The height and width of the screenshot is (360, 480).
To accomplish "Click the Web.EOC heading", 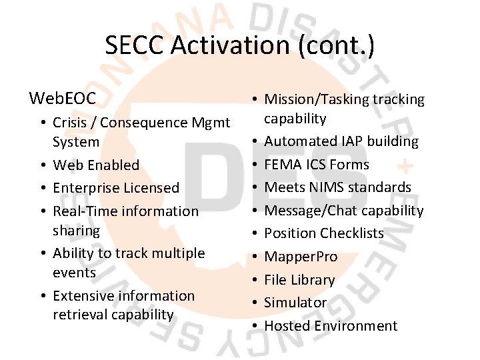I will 63,99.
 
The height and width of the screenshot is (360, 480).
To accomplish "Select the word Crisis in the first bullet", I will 71,123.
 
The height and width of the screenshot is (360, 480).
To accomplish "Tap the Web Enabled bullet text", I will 96,165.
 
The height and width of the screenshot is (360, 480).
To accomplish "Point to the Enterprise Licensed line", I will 116,188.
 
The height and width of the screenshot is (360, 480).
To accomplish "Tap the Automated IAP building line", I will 341,141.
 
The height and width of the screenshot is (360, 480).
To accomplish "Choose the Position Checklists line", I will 324,233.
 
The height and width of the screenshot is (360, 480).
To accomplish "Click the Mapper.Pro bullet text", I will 301,257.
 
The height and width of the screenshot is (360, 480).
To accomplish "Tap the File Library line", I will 299,279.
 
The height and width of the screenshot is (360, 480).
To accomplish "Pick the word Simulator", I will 295,302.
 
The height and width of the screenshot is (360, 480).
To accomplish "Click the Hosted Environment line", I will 331,325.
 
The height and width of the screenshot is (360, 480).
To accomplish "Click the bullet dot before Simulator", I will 255,303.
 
